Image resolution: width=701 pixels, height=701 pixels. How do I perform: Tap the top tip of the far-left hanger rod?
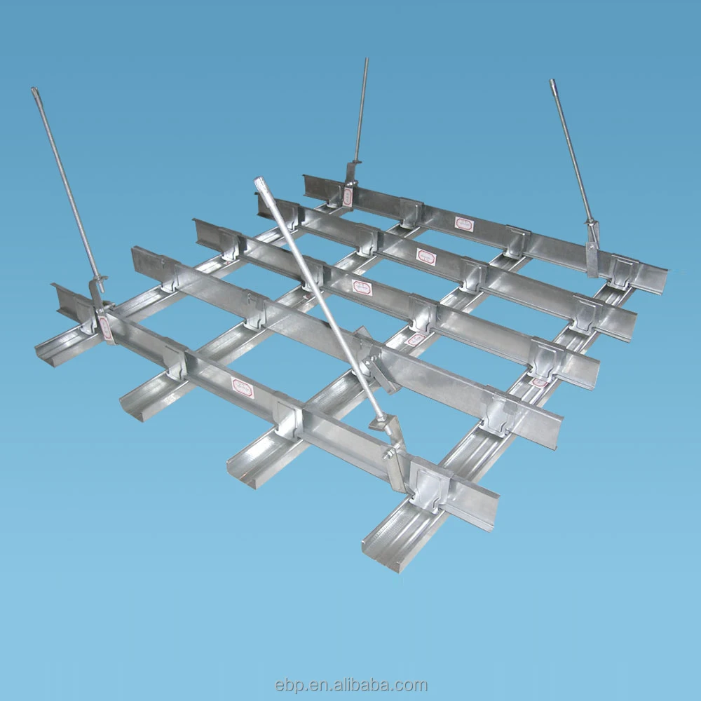(x=34, y=90)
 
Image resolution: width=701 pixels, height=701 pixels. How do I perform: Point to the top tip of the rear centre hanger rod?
(x=365, y=60)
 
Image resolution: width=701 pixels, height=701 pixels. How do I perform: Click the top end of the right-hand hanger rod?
(x=552, y=82)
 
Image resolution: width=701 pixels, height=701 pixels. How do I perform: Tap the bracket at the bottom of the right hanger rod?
(x=593, y=245)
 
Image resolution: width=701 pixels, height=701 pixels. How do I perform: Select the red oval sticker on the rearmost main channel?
(x=463, y=224)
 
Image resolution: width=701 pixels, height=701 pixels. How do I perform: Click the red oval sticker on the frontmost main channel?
(x=243, y=388)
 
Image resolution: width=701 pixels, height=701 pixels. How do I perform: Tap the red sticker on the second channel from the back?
(x=426, y=257)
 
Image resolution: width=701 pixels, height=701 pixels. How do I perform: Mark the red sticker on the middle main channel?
(x=362, y=287)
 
